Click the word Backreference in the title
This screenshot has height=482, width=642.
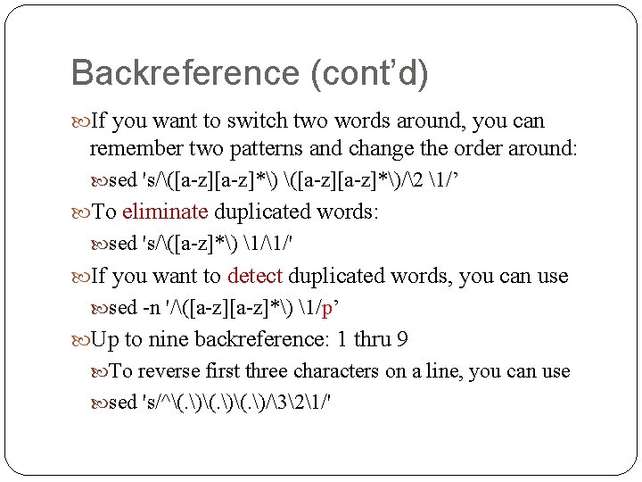[185, 73]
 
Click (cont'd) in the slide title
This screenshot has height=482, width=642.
[368, 73]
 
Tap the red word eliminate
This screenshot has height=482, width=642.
[165, 212]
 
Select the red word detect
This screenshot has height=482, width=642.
[255, 277]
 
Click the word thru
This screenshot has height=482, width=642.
[373, 340]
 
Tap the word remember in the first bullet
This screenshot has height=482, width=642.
[132, 147]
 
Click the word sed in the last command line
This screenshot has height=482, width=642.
[122, 403]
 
